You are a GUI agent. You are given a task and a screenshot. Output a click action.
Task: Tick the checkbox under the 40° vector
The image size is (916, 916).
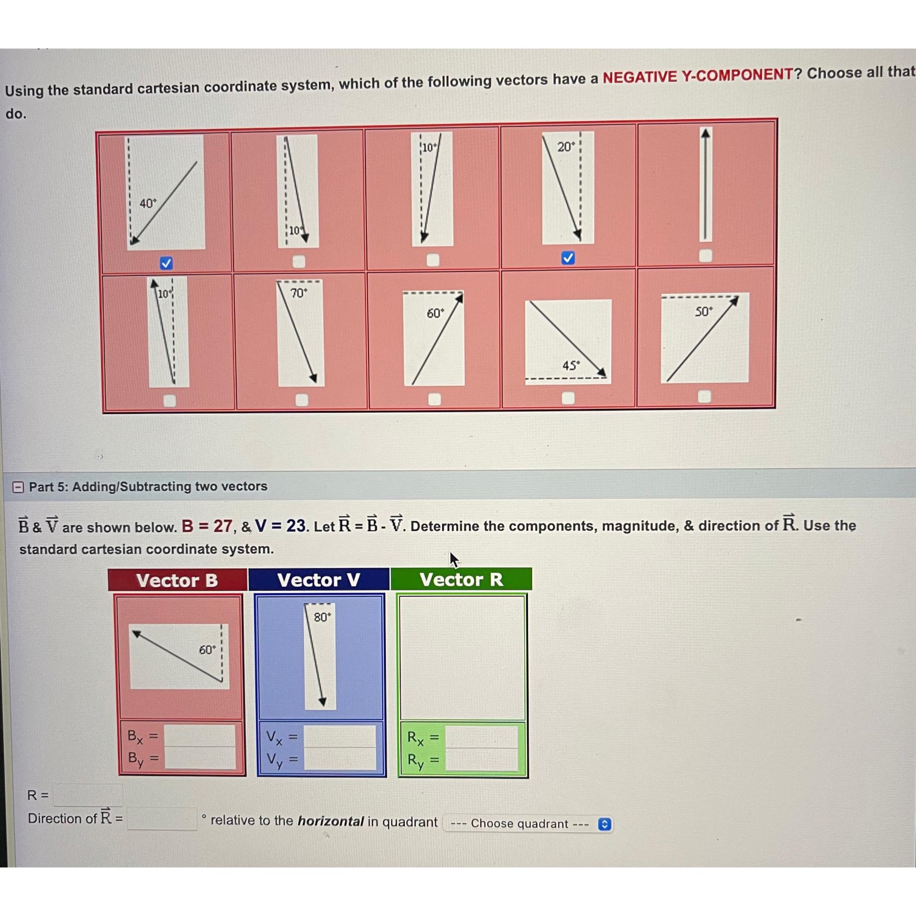point(166,263)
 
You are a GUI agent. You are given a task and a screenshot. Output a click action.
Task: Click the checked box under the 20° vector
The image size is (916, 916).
point(568,258)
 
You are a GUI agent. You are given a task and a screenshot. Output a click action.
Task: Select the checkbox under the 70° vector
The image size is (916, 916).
point(302,400)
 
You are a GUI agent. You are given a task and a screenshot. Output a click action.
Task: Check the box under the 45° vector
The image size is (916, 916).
point(568,398)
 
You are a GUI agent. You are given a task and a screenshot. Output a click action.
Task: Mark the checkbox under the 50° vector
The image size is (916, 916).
point(704,396)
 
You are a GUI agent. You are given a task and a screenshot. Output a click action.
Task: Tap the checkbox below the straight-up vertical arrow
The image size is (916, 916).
point(705,255)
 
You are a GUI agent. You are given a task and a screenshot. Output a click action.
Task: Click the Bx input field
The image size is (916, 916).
point(200,736)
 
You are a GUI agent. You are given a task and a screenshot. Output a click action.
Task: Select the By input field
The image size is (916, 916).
point(200,758)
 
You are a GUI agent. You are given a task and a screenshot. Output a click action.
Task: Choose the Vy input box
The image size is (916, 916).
point(340,759)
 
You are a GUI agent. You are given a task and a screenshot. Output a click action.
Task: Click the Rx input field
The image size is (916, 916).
point(482,737)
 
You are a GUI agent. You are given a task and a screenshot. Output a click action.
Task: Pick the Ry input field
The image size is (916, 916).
point(482,759)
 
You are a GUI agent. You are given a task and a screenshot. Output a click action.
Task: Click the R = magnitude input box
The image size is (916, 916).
point(88,795)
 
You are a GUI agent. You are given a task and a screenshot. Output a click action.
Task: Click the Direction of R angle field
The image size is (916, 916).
point(162,819)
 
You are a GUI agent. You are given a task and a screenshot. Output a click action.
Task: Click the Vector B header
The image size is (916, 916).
point(177,580)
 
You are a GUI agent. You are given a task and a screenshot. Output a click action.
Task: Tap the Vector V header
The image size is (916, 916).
point(319,580)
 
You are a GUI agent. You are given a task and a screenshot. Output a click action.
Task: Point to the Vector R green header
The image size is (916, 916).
point(461,579)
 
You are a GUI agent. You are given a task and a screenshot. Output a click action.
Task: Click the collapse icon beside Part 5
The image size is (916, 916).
point(18,487)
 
